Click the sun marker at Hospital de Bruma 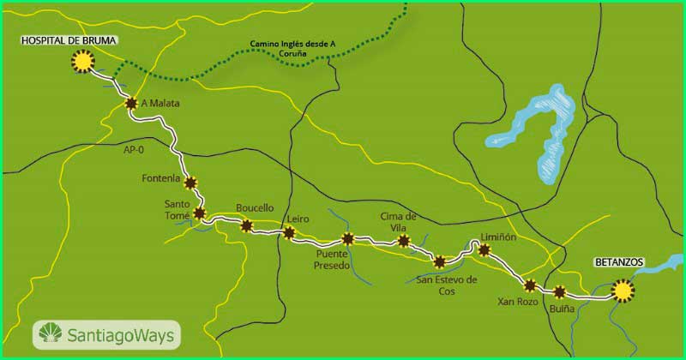pyautogui.click(x=82, y=62)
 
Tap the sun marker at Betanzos pyautogui.click(x=623, y=291)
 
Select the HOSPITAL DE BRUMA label pyautogui.click(x=69, y=40)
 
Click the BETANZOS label pyautogui.click(x=618, y=261)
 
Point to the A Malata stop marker pyautogui.click(x=131, y=104)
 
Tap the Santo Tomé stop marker pyautogui.click(x=199, y=213)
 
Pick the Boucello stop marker pyautogui.click(x=247, y=226)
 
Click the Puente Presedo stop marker pyautogui.click(x=347, y=239)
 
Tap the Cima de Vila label pyautogui.click(x=398, y=221)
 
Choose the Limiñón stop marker pyautogui.click(x=484, y=250)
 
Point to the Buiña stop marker pyautogui.click(x=561, y=291)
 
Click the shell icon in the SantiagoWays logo pyautogui.click(x=49, y=333)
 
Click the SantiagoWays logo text pyautogui.click(x=117, y=334)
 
